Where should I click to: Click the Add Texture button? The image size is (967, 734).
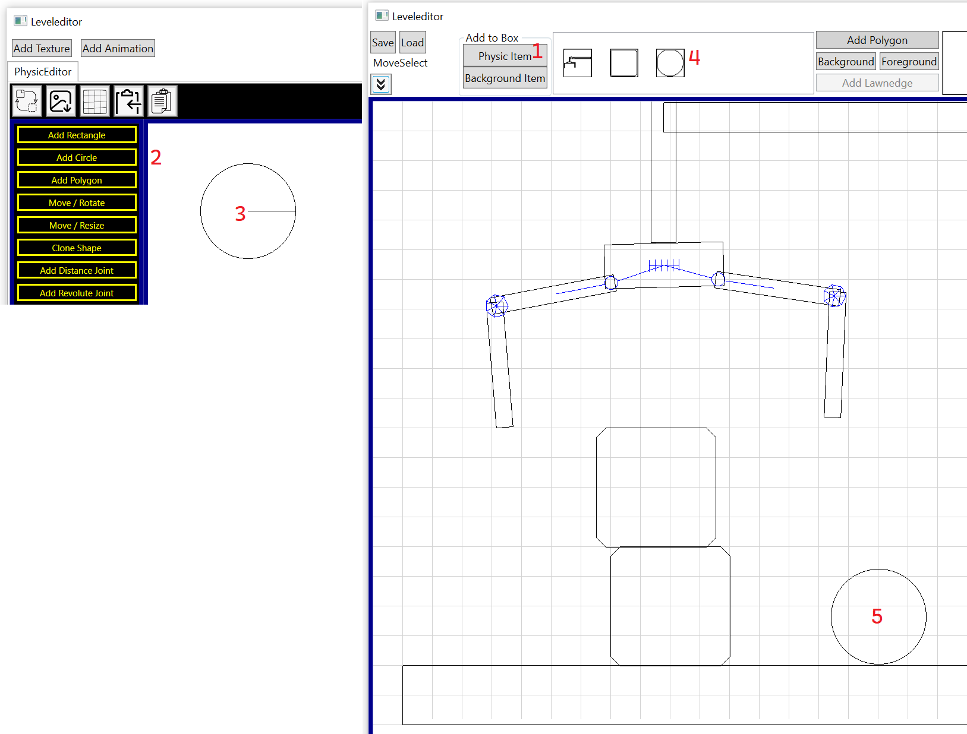pyautogui.click(x=42, y=49)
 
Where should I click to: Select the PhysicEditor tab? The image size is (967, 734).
pyautogui.click(x=43, y=72)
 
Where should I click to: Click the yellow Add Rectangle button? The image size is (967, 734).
pyautogui.click(x=77, y=135)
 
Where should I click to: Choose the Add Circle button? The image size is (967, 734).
pyautogui.click(x=77, y=157)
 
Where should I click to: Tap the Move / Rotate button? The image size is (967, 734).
pyautogui.click(x=77, y=203)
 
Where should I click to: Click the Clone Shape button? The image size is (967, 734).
pyautogui.click(x=77, y=248)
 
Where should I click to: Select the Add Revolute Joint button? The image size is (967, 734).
pyautogui.click(x=77, y=293)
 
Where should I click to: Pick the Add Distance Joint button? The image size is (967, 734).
pyautogui.click(x=77, y=271)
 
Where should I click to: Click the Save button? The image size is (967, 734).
pyautogui.click(x=382, y=43)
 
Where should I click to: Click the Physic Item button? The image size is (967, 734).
pyautogui.click(x=505, y=56)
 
